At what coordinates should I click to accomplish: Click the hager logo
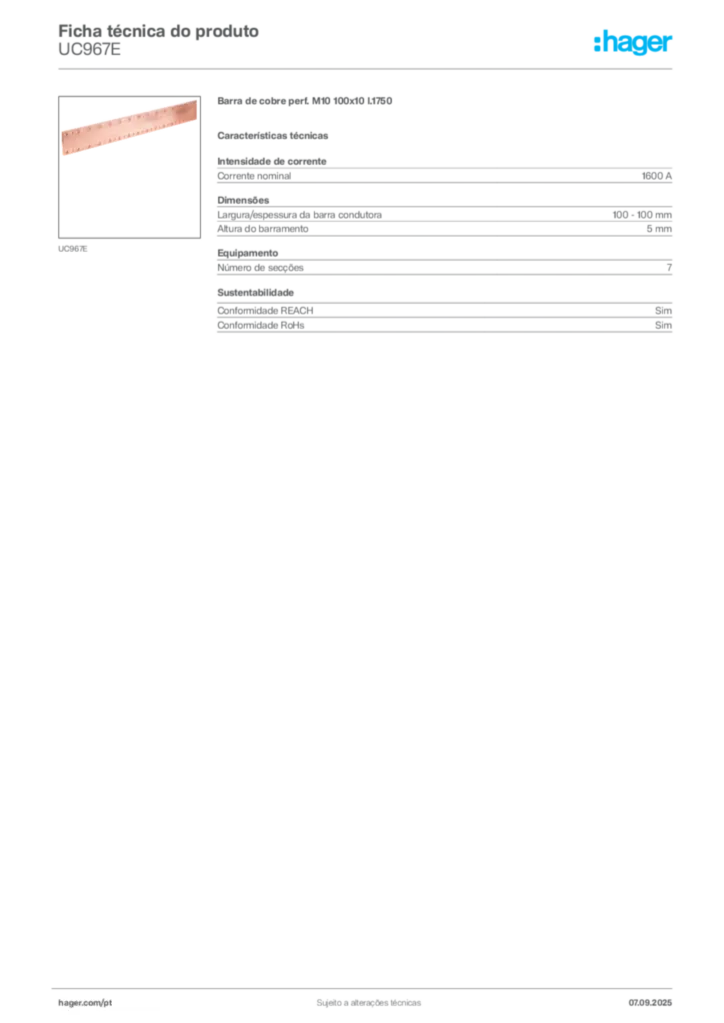click(x=633, y=43)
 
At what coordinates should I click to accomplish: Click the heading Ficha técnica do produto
click(x=159, y=31)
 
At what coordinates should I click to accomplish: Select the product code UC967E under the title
click(x=89, y=50)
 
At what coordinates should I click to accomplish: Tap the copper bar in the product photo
click(x=129, y=127)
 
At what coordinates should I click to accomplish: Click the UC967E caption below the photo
click(x=72, y=249)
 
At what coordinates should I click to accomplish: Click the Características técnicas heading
click(x=273, y=136)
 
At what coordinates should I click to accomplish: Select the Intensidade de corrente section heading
click(x=272, y=161)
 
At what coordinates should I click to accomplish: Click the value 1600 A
click(x=657, y=176)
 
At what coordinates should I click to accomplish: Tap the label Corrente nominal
click(x=254, y=176)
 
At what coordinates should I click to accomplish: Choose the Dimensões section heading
click(x=243, y=200)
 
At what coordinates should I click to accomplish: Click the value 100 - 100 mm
click(x=642, y=215)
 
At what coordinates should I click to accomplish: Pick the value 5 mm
click(x=659, y=229)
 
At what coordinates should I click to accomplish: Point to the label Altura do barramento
click(x=262, y=229)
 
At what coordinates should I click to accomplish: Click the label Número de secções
click(x=260, y=268)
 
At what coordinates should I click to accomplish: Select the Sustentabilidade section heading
click(x=255, y=293)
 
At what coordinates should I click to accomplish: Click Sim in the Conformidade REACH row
click(x=663, y=311)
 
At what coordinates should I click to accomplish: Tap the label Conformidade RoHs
click(x=260, y=325)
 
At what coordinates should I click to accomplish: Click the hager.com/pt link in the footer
click(x=85, y=1003)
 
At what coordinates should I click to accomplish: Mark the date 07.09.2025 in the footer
click(x=650, y=1003)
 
